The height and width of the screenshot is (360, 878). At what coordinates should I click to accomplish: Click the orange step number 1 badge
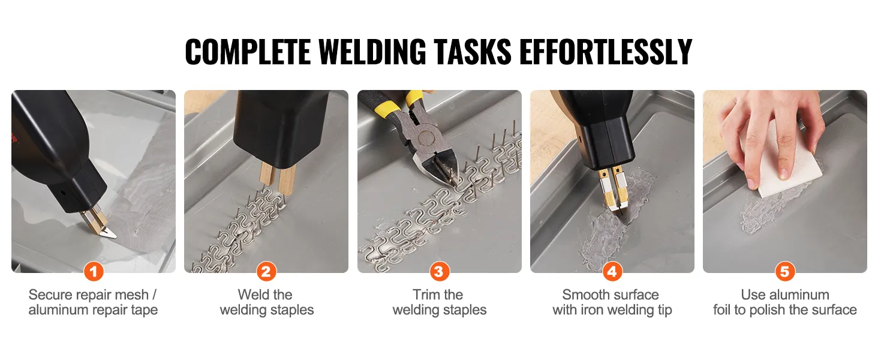pyautogui.click(x=94, y=271)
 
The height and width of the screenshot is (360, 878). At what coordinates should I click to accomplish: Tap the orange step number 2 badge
pyautogui.click(x=266, y=271)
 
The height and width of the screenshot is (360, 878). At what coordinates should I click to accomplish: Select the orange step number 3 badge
pyautogui.click(x=439, y=271)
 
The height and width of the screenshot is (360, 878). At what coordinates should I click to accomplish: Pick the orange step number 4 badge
pyautogui.click(x=612, y=271)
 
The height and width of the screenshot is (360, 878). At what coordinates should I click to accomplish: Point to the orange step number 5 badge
pyautogui.click(x=784, y=271)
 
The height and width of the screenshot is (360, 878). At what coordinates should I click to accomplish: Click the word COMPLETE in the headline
pyautogui.click(x=248, y=52)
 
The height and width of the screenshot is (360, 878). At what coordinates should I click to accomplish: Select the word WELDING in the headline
pyautogui.click(x=372, y=52)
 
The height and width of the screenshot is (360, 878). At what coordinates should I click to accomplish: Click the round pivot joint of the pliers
pyautogui.click(x=426, y=137)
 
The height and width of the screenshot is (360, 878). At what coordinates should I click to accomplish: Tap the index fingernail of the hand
pyautogui.click(x=784, y=173)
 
